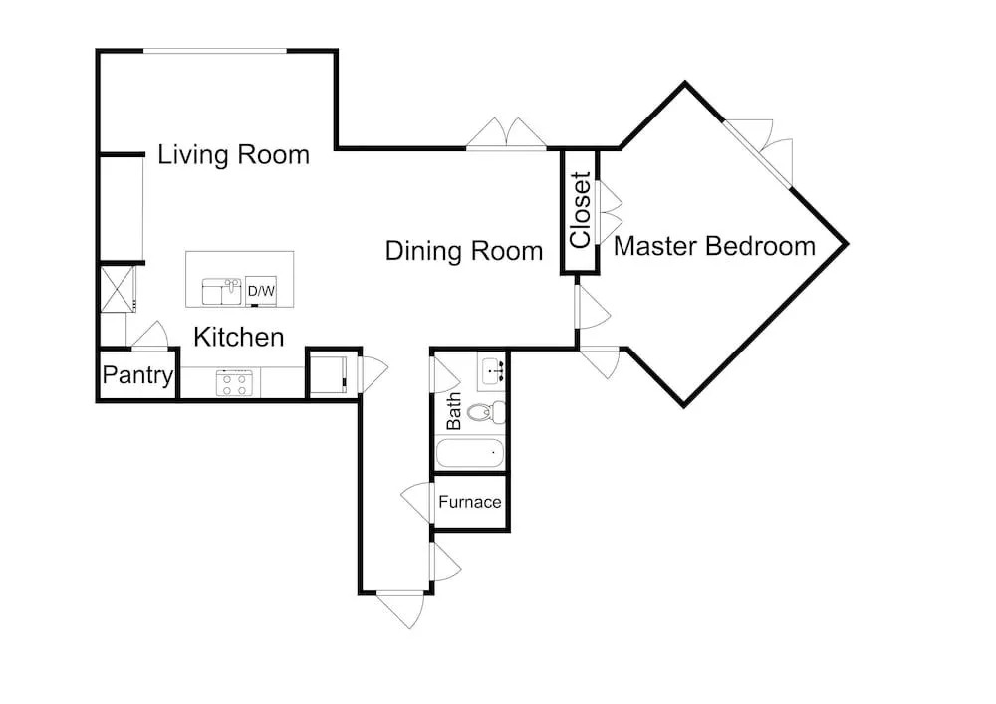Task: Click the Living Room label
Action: coord(233,155)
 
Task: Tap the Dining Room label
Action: coord(464,251)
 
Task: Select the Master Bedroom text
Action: coord(714,246)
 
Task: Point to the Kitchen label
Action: coord(238,338)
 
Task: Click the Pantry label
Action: coord(137,375)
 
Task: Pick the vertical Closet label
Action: coord(581,210)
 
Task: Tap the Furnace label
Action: coord(470,502)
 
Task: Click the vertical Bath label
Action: coord(453,411)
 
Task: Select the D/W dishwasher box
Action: coord(261,292)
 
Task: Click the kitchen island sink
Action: coord(222,292)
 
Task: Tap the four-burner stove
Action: coord(234,383)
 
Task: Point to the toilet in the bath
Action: coord(486,412)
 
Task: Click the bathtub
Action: coord(470,454)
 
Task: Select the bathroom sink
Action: coord(492,370)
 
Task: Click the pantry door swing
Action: coord(149,335)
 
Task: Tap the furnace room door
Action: coord(416,502)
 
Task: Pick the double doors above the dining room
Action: coord(506,133)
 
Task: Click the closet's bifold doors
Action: coord(610,212)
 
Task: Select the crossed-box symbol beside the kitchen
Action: coord(118,289)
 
